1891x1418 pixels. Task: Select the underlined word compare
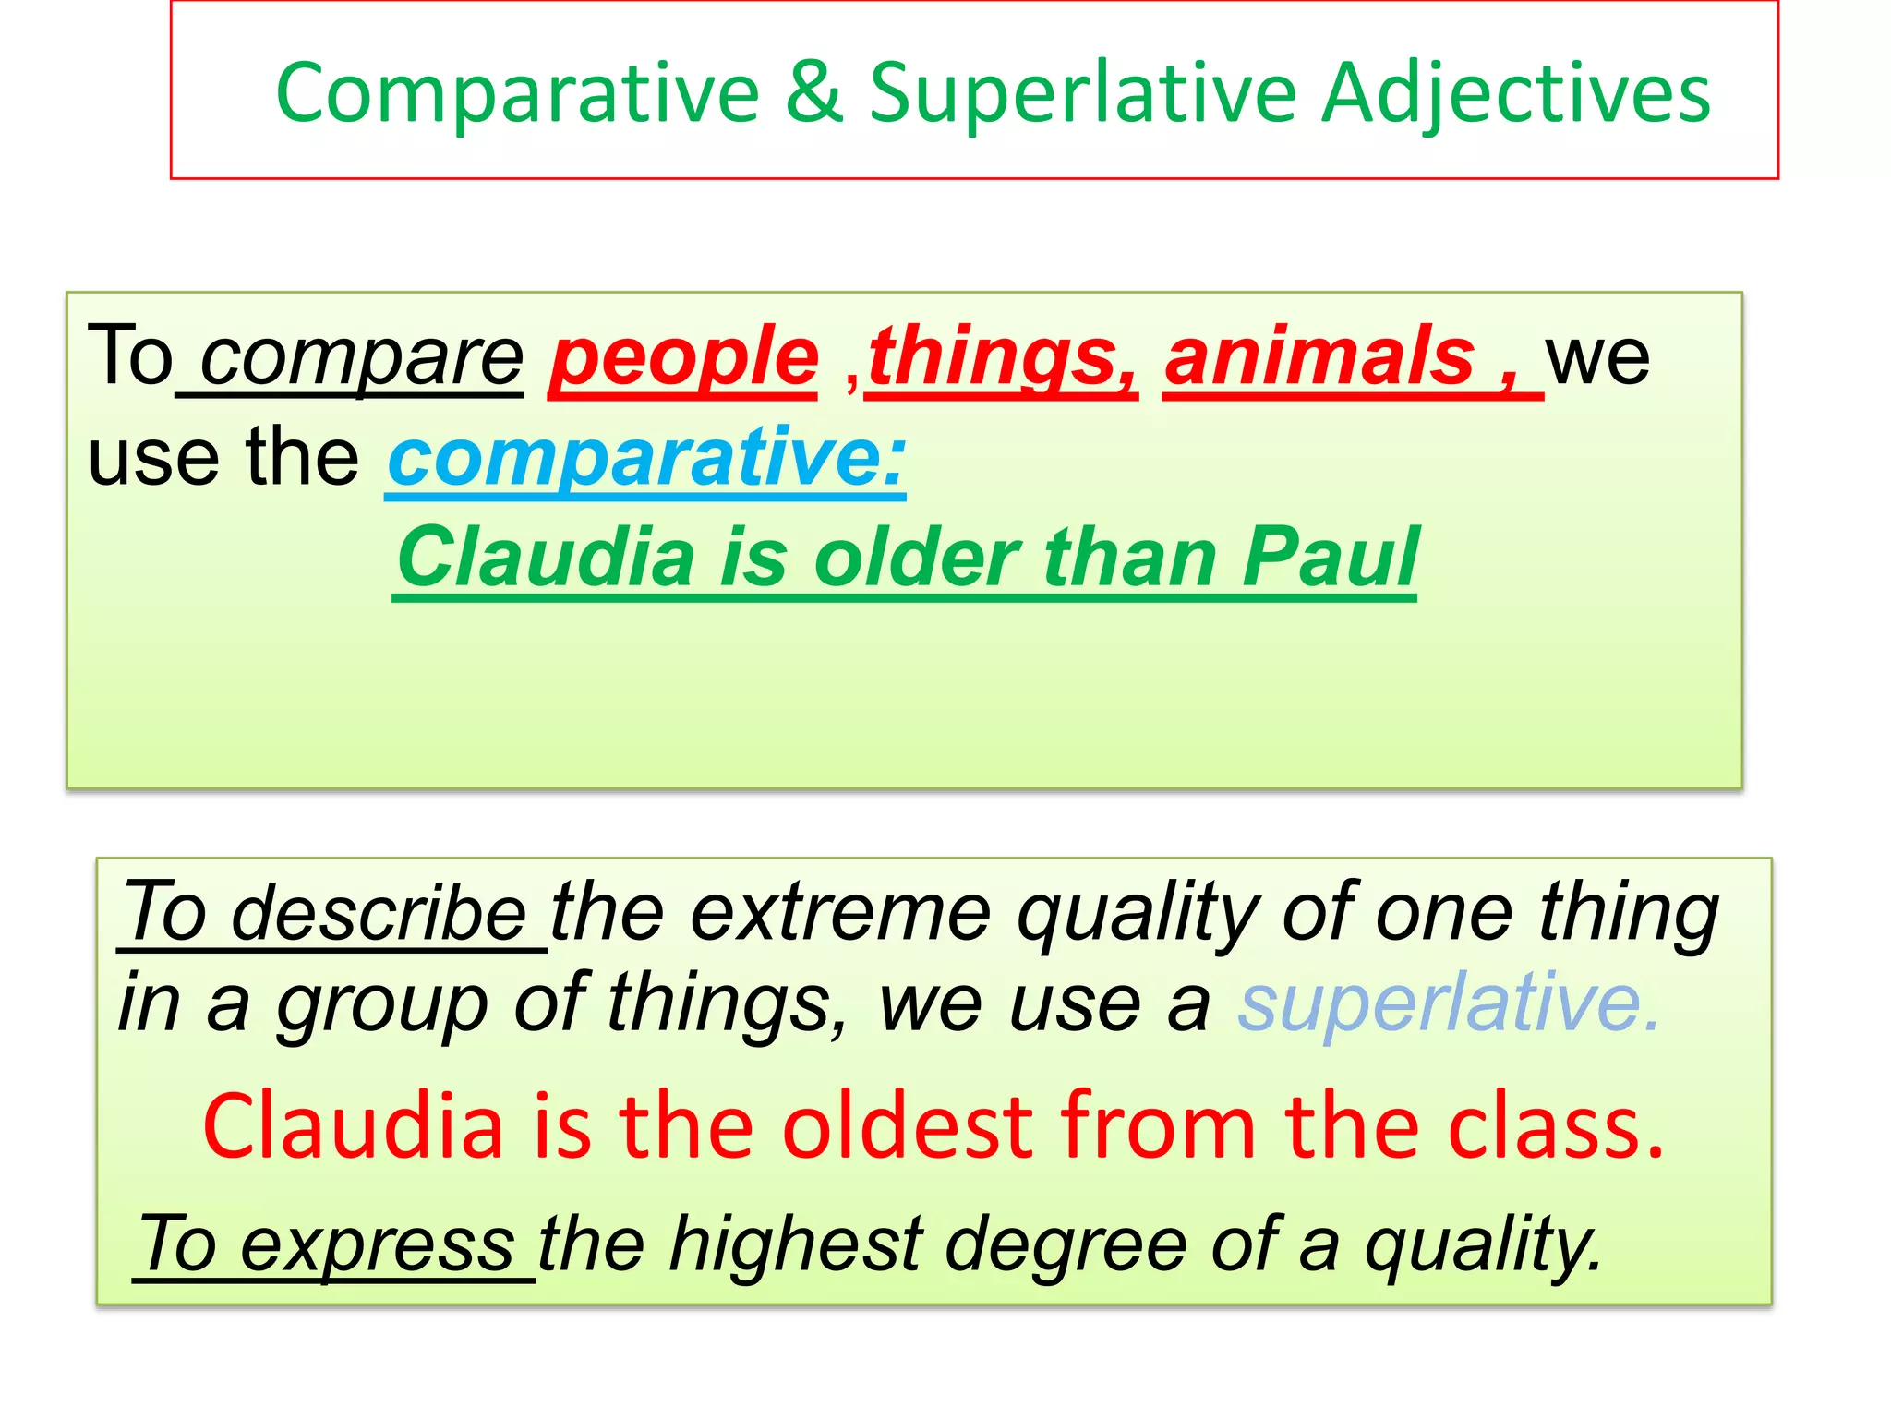click(362, 360)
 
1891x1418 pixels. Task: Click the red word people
click(684, 360)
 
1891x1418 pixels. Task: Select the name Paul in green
click(1330, 558)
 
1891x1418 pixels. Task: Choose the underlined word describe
click(378, 914)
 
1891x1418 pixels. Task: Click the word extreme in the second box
click(840, 914)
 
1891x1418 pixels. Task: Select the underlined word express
click(377, 1246)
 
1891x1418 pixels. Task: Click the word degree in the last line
click(1066, 1246)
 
